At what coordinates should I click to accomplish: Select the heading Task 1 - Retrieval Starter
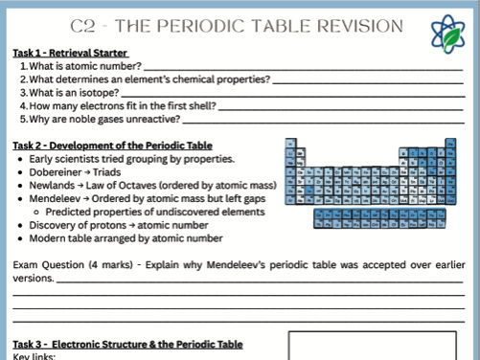(x=70, y=52)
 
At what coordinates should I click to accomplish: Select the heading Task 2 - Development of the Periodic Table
(x=112, y=145)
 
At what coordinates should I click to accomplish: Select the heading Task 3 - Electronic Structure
(x=127, y=344)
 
